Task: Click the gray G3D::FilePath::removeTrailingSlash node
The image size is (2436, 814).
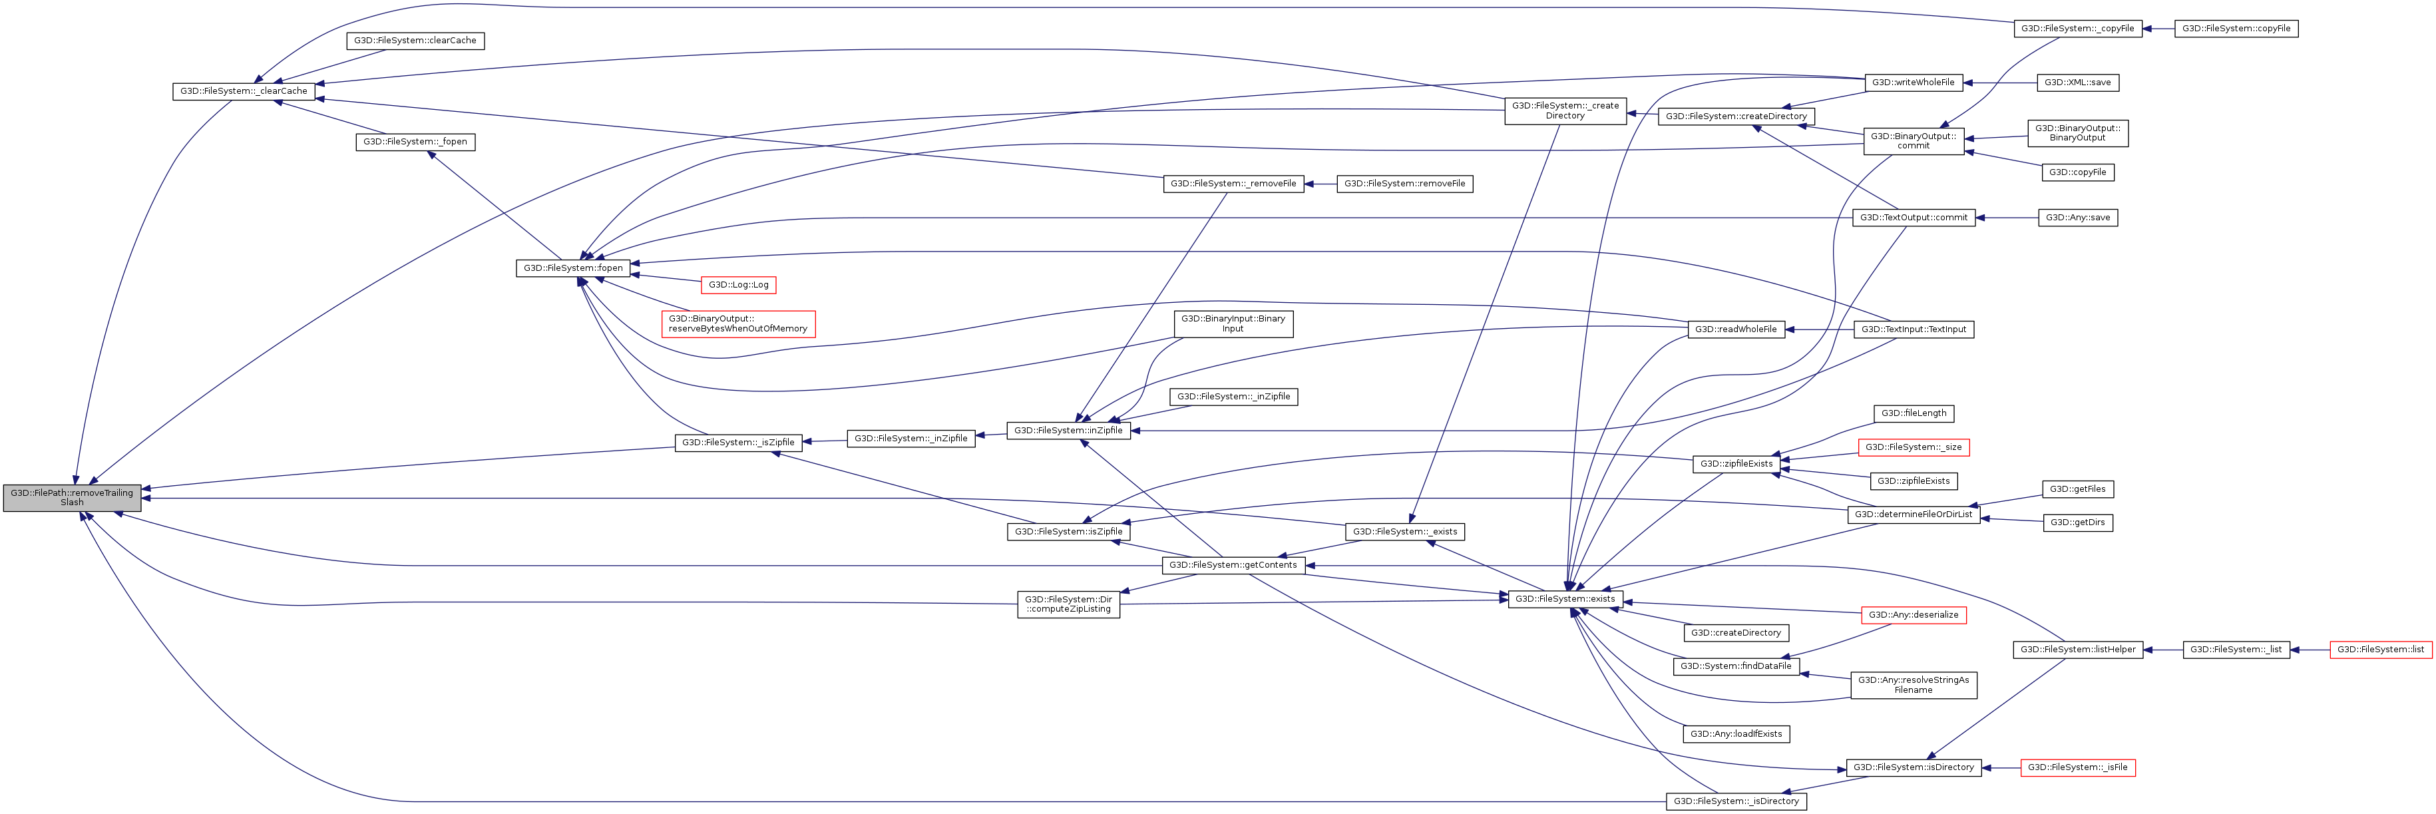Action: (72, 497)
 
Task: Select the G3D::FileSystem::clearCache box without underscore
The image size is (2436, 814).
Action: (415, 41)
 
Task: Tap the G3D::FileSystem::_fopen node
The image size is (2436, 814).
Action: (415, 142)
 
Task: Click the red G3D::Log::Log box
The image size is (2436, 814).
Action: (739, 285)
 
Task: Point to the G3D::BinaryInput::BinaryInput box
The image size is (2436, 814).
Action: (1233, 323)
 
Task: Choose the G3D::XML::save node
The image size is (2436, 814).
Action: (2078, 83)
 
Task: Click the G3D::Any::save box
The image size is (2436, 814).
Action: (2078, 218)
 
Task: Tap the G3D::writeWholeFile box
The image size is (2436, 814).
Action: (1913, 83)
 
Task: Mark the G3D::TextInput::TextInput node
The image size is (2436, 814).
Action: (1913, 329)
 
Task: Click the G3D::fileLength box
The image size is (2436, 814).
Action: (1913, 413)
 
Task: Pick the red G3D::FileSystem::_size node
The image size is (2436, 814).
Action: (1913, 447)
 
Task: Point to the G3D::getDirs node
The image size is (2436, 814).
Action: (2078, 523)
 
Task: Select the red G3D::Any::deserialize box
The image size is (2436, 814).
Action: (1913, 614)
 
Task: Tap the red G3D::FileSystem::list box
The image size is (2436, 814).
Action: (2380, 650)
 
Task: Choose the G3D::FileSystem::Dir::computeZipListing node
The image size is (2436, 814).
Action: (1069, 604)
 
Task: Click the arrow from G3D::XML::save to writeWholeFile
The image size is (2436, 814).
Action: (2000, 83)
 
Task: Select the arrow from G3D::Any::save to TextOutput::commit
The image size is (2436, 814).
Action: (2007, 218)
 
